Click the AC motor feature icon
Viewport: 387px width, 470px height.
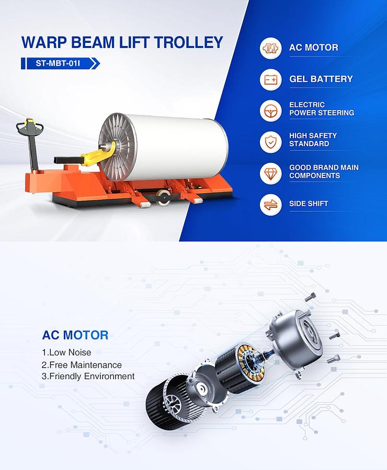click(x=271, y=48)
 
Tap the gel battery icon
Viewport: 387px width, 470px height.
click(x=271, y=79)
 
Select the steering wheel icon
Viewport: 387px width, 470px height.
click(x=271, y=111)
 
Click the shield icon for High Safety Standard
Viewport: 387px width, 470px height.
click(x=271, y=142)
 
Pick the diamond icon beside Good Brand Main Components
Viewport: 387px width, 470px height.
click(x=271, y=173)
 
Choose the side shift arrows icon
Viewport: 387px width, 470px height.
click(x=271, y=204)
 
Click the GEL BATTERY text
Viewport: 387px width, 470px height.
click(x=321, y=79)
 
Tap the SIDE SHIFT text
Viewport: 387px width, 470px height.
click(x=309, y=204)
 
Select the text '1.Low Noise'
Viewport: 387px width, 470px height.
click(x=66, y=352)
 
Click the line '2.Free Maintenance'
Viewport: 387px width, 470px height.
click(x=82, y=365)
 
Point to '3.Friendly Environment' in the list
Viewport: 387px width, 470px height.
click(x=88, y=377)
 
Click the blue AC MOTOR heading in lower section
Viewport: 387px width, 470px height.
click(x=75, y=335)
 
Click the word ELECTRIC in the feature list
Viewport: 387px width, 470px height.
click(x=307, y=105)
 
